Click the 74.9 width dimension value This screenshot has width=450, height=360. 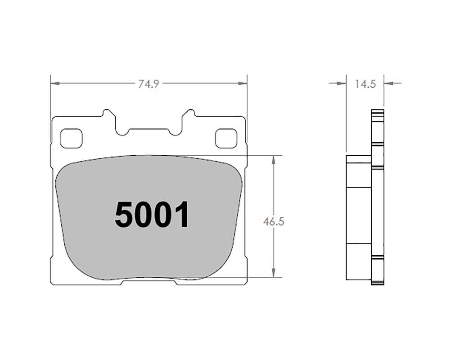[148, 84]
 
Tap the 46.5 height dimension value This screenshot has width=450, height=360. [274, 222]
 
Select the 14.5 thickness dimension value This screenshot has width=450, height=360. [365, 84]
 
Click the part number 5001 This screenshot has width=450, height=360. [152, 215]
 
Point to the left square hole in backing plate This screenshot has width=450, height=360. [71, 138]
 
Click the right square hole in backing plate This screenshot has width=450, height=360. [226, 138]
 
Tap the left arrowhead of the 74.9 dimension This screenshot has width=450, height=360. [55, 83]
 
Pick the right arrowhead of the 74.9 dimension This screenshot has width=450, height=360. [242, 83]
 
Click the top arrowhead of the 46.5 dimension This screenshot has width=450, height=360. [274, 160]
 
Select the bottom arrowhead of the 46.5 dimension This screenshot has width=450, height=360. [274, 273]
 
